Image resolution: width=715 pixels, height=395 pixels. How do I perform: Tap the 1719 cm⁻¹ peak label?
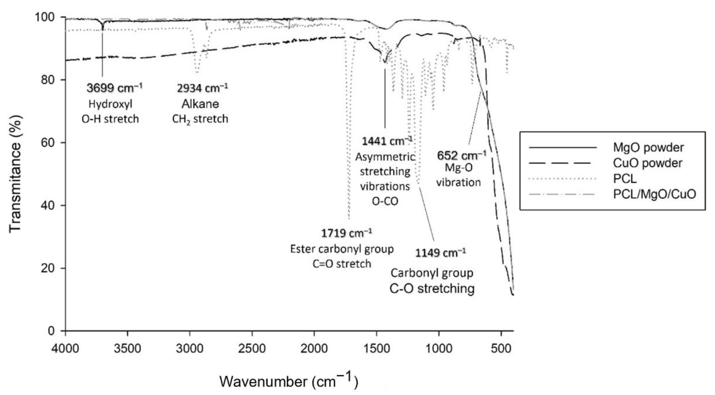(x=346, y=233)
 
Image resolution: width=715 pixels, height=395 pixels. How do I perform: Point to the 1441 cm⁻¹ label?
(x=387, y=141)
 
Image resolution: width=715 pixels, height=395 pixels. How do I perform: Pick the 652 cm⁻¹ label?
(x=461, y=155)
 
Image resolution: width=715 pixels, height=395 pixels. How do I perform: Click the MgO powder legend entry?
(x=648, y=147)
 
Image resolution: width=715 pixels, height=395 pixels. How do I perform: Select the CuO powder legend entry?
(x=647, y=163)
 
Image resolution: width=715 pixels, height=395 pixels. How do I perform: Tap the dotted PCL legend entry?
(x=625, y=178)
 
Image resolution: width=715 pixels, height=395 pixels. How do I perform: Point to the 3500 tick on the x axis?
(x=128, y=348)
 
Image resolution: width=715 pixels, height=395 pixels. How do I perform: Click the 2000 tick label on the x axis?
(x=314, y=348)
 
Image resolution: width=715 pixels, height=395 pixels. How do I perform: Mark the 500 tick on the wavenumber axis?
(x=501, y=348)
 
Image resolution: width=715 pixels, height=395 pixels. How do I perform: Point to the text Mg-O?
(x=458, y=168)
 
